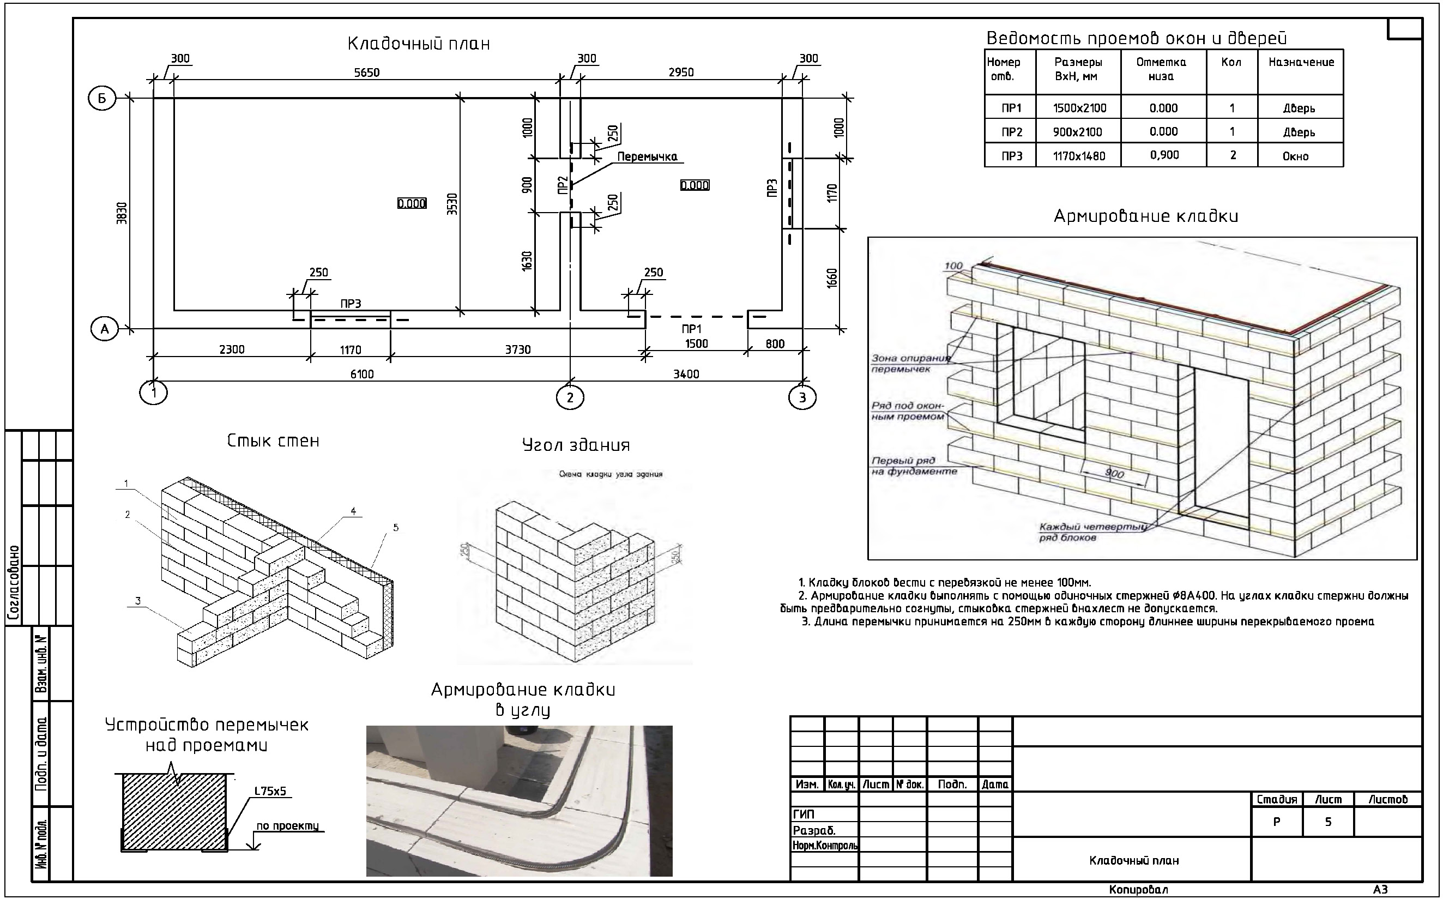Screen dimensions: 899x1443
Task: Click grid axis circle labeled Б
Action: click(x=102, y=99)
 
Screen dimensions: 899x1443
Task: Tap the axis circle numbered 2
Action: click(x=570, y=398)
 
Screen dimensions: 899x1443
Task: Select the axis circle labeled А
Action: click(x=105, y=329)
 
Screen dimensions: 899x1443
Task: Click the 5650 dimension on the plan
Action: click(x=366, y=73)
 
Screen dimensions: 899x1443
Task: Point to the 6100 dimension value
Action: click(x=361, y=374)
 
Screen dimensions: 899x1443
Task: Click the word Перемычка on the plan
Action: click(x=647, y=157)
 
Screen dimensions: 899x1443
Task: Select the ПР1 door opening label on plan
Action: click(x=691, y=329)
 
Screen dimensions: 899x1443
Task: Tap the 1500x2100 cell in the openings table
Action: click(x=1079, y=108)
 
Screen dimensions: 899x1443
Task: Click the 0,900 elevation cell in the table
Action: click(x=1163, y=155)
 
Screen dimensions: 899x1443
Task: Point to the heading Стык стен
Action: click(x=273, y=441)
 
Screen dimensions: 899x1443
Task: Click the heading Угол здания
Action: click(x=576, y=445)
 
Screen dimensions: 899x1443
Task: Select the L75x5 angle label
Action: click(x=270, y=792)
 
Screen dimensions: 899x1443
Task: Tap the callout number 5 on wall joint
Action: click(x=396, y=527)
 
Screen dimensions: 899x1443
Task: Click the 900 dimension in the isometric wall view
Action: click(x=1114, y=473)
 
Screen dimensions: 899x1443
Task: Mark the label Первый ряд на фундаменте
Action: click(x=914, y=466)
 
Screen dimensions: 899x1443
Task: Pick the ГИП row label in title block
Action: click(x=804, y=814)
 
